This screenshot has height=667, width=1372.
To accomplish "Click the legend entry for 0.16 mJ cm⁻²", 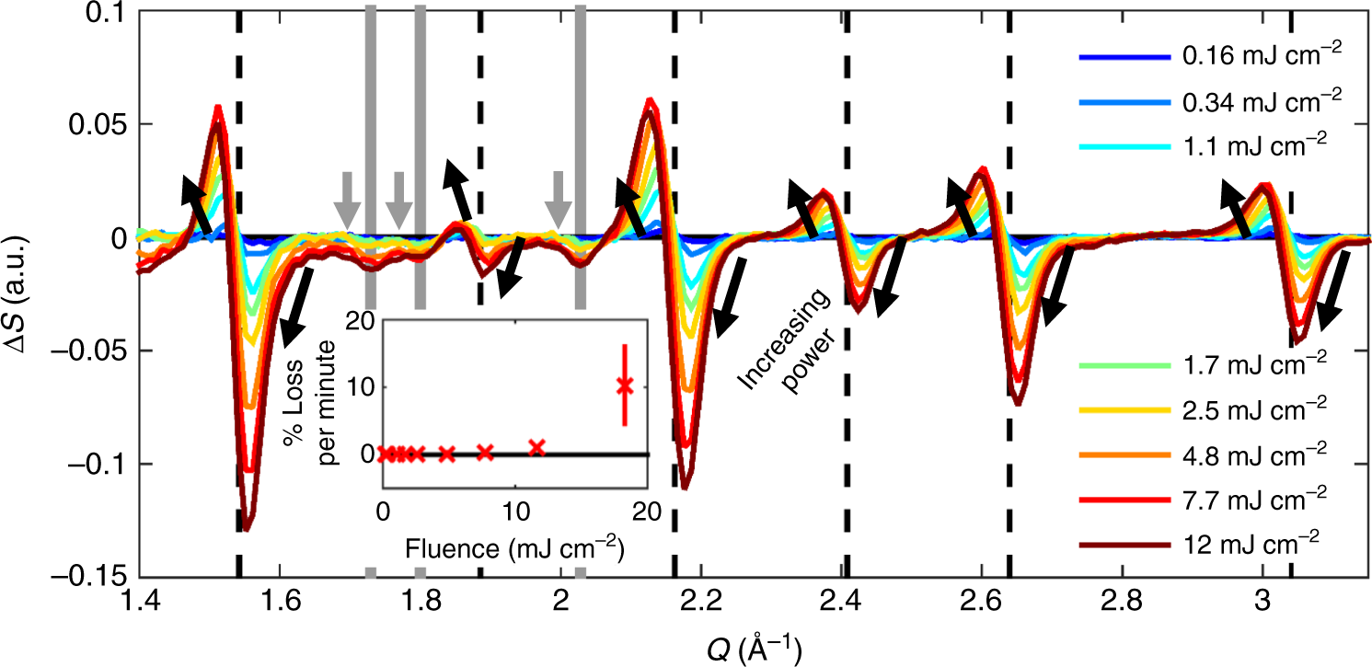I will coord(1251,57).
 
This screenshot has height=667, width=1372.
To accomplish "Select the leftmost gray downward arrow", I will coord(347,200).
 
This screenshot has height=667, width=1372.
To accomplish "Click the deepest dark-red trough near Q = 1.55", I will coord(246,528).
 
